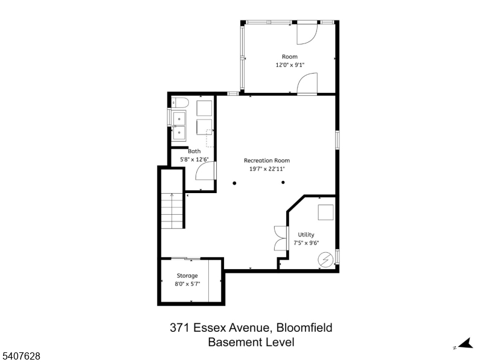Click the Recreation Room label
[x=267, y=160]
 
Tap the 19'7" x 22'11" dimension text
[x=267, y=169]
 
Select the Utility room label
[x=306, y=235]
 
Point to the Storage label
[x=187, y=276]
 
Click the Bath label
[x=194, y=151]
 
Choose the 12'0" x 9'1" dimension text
[x=290, y=65]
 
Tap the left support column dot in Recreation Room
[x=234, y=183]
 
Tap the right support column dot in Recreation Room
[x=283, y=183]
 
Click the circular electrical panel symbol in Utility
[x=325, y=259]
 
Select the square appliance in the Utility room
[x=325, y=212]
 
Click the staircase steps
[x=172, y=211]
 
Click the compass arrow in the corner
[x=466, y=343]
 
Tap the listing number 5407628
[x=20, y=356]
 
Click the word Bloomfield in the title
[x=304, y=328]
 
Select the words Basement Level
[x=251, y=342]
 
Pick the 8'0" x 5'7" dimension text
[x=187, y=284]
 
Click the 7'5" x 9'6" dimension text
[x=306, y=243]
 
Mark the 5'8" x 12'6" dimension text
[x=194, y=159]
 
